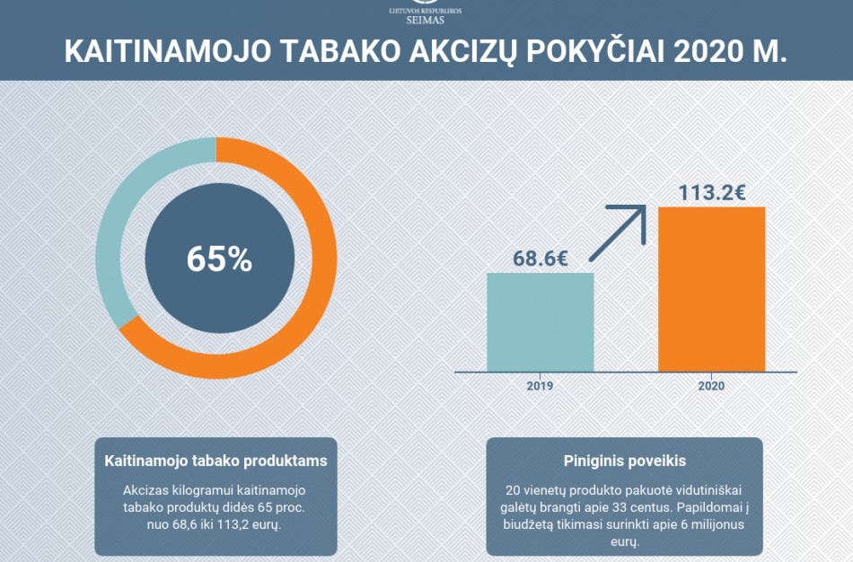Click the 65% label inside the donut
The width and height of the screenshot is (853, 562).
[x=219, y=259]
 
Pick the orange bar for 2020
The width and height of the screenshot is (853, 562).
[x=711, y=288]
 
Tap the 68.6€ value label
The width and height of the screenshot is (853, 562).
[x=540, y=259]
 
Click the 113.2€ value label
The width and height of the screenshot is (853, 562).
[x=711, y=192]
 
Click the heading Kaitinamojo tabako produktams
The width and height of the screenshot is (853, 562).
[x=215, y=461]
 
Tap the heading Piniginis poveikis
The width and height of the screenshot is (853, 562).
[x=624, y=461]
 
